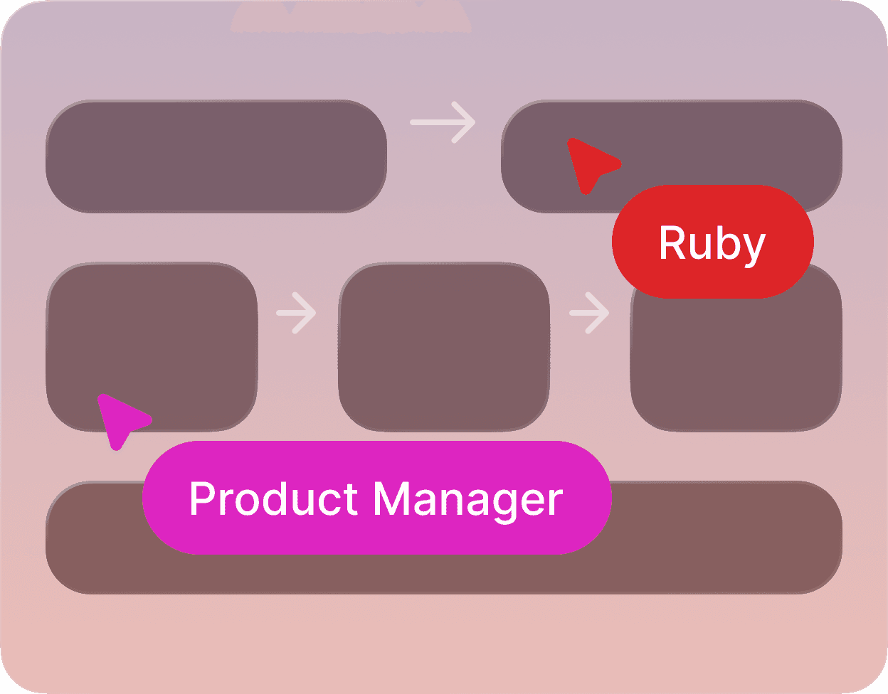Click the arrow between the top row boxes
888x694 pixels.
tap(443, 122)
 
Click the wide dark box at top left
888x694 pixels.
tap(216, 156)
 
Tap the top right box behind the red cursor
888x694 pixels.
tap(712, 142)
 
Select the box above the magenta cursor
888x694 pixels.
tap(152, 334)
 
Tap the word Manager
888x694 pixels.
tap(468, 500)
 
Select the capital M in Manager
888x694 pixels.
tap(392, 498)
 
